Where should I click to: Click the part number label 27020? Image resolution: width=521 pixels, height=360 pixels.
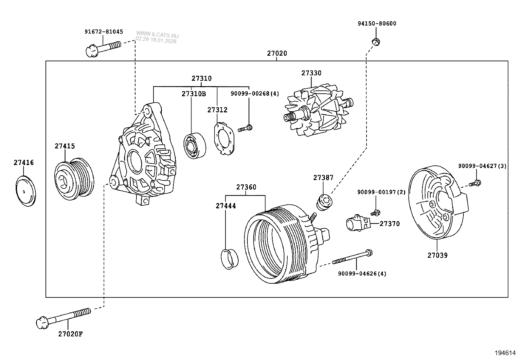[277, 53]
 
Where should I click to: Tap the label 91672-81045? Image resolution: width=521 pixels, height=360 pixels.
[104, 32]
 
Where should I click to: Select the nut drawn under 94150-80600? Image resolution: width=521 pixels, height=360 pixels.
[376, 41]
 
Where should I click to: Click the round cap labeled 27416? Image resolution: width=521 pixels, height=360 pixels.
[26, 191]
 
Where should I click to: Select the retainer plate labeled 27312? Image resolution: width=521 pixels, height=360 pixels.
[224, 139]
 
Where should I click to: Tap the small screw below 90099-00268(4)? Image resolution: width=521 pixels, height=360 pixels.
[245, 128]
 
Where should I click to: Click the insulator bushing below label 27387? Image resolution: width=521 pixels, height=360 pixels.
[325, 202]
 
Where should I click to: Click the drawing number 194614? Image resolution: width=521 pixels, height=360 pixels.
[505, 353]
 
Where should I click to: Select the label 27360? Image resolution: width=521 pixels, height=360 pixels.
[246, 187]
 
